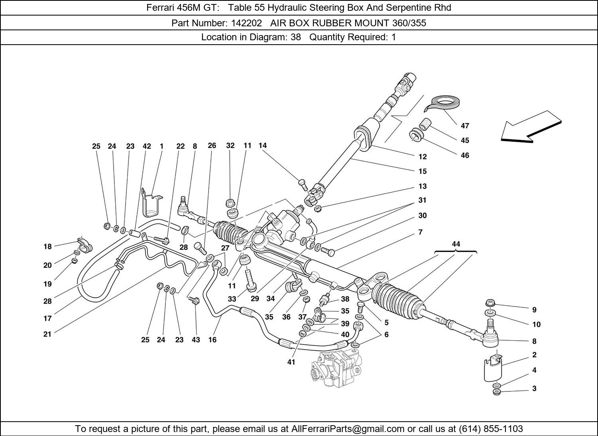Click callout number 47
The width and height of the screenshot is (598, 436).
pos(465,126)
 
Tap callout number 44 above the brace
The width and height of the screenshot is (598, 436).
pos(456,244)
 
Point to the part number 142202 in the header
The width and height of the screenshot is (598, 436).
pos(246,23)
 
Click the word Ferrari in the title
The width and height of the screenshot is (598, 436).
pos(160,8)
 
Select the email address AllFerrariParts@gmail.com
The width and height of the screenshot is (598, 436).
pos(348,428)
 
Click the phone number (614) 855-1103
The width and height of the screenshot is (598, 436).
pos(491,428)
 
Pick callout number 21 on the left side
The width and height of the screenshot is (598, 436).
pos(47,334)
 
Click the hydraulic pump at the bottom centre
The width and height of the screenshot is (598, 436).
pos(336,369)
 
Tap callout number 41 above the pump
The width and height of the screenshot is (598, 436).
pos(291,362)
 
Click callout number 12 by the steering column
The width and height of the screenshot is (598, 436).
pos(422,157)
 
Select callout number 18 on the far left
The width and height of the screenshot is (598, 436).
pos(47,246)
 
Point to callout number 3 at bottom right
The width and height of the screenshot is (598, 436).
pos(534,389)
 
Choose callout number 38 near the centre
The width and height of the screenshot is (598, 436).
pos(345,299)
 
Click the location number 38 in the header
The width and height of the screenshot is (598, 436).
pos(296,37)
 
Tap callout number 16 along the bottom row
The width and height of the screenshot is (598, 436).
pos(212,340)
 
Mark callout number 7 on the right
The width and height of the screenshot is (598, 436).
pos(420,232)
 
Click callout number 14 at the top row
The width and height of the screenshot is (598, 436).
pos(262,145)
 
